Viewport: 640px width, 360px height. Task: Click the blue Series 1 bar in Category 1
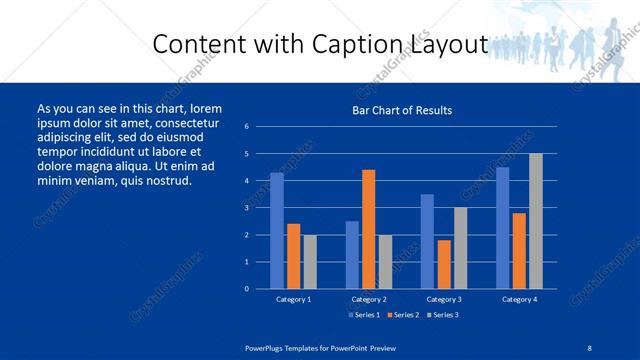pyautogui.click(x=277, y=231)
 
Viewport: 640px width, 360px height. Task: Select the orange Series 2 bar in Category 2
pyautogui.click(x=368, y=229)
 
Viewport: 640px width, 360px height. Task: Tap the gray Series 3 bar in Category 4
pyautogui.click(x=535, y=221)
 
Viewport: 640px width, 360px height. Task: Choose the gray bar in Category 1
pyautogui.click(x=310, y=262)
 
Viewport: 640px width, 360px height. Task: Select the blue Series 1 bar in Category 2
pyautogui.click(x=352, y=255)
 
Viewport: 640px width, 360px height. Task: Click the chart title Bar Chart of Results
pyautogui.click(x=402, y=110)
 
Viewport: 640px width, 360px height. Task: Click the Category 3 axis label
pyautogui.click(x=444, y=299)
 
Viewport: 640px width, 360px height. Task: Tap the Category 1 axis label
pyautogui.click(x=294, y=299)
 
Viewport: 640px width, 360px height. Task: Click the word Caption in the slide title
pyautogui.click(x=367, y=45)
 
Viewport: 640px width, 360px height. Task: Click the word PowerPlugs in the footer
pyautogui.click(x=264, y=347)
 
